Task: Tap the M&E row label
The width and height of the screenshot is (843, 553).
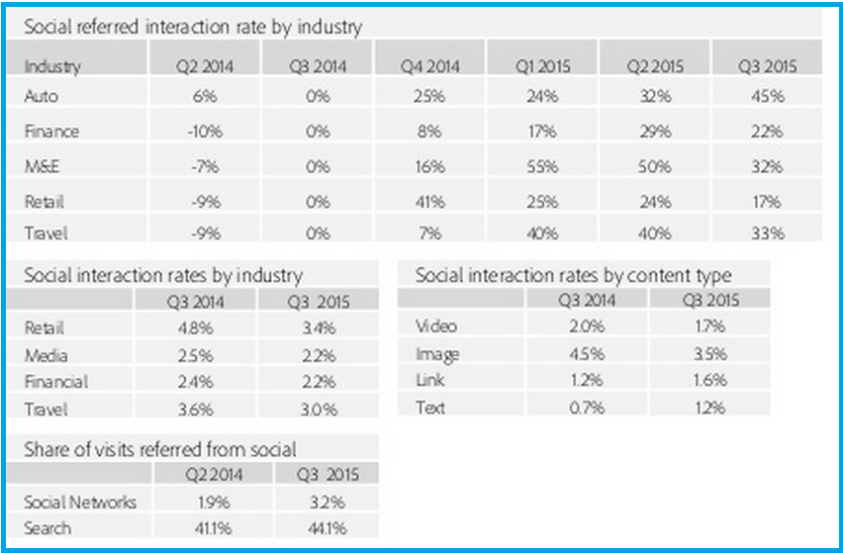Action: coord(41,166)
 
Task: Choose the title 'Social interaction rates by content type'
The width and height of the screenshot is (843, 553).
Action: coord(573,274)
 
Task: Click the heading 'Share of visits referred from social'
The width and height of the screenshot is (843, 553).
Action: coord(159,449)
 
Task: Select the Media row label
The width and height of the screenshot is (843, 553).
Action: coord(46,354)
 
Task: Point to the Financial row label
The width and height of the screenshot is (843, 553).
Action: coord(55,381)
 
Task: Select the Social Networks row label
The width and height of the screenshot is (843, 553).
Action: coord(79,502)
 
